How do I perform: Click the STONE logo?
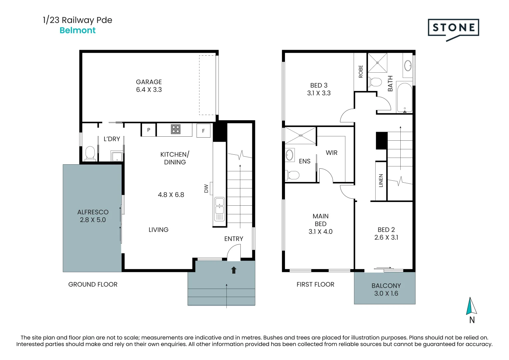tap(453, 30)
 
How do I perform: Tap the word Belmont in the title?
tap(77, 30)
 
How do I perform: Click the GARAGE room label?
tap(149, 82)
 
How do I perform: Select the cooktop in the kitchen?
tap(176, 129)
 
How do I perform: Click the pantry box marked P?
tap(149, 130)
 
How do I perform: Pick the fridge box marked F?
tap(203, 130)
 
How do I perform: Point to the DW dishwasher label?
tap(206, 188)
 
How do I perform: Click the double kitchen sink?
tap(219, 209)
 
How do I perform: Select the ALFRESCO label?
tap(93, 212)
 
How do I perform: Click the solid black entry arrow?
tap(234, 270)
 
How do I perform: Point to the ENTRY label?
tap(234, 239)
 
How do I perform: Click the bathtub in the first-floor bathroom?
tap(404, 97)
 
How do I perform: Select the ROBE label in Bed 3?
tap(361, 72)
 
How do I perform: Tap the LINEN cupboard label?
tap(381, 180)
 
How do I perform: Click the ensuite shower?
tap(300, 135)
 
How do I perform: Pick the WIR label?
tap(332, 153)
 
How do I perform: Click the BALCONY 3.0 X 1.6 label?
tap(386, 289)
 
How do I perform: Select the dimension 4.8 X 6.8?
tap(171, 195)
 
